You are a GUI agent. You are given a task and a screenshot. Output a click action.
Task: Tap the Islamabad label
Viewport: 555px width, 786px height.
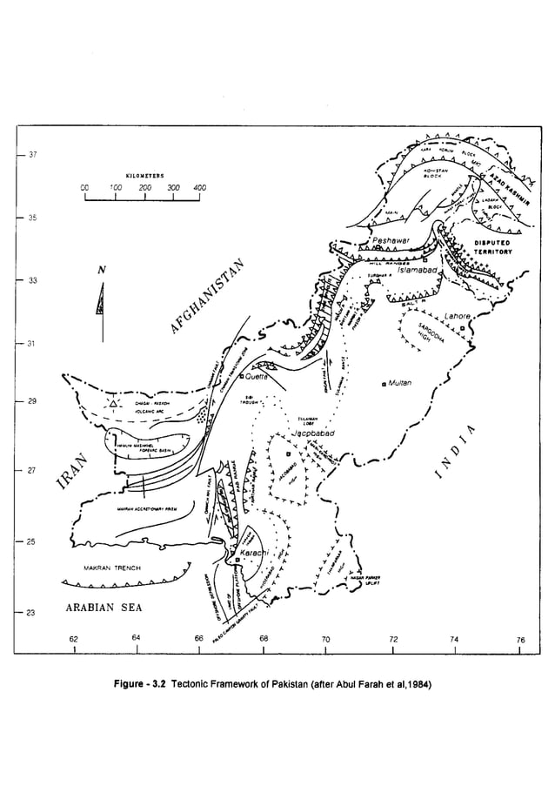(x=419, y=271)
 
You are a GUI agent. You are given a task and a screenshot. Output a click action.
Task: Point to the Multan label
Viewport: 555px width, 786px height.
(x=401, y=383)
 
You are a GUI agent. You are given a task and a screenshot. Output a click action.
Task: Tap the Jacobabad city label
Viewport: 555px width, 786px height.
(x=311, y=433)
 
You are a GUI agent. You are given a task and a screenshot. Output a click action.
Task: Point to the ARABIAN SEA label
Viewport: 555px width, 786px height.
(x=104, y=608)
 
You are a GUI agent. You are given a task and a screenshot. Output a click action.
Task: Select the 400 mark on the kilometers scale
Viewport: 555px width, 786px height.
(x=200, y=187)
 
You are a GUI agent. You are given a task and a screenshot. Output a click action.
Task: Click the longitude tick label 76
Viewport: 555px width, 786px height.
(x=520, y=640)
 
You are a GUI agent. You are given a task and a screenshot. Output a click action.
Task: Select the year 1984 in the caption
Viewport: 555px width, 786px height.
(x=415, y=683)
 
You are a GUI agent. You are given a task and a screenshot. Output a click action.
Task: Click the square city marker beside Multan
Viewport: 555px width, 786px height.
(x=384, y=383)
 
